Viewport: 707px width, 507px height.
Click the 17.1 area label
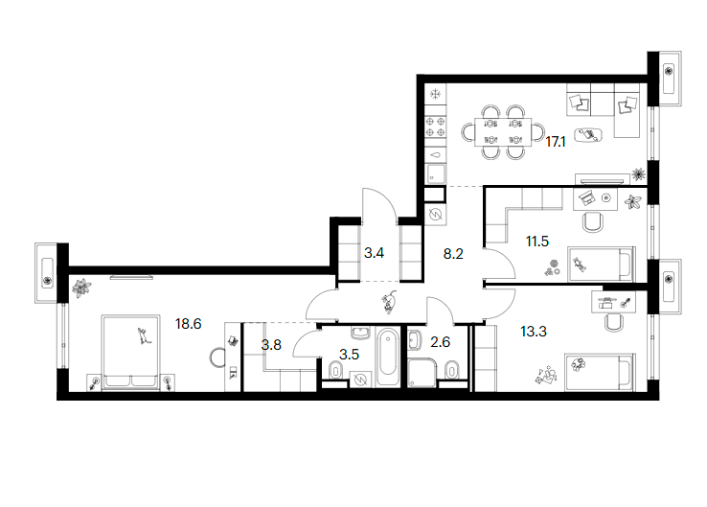coord(555,142)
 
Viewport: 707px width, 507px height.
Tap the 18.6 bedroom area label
coord(188,323)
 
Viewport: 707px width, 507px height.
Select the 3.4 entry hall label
coord(374,253)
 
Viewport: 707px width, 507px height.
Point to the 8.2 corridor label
coord(453,254)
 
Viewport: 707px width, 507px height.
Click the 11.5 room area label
coord(537,242)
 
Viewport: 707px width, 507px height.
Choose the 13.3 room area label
coord(534,332)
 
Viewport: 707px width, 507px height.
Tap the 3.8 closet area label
coord(271,345)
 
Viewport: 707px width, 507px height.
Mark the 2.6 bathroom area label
coord(440,342)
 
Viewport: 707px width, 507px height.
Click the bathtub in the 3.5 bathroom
coord(387,357)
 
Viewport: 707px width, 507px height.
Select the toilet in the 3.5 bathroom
coord(335,371)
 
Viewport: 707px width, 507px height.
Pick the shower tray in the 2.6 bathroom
coord(422,373)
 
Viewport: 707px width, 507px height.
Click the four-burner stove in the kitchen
coord(436,127)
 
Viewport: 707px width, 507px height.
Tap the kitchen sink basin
coord(436,173)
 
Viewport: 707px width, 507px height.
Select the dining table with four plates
coord(503,131)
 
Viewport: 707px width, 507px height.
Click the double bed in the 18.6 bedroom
coord(131,353)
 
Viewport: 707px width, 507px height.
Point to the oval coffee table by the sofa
coord(588,134)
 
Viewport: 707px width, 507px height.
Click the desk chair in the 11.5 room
coord(592,222)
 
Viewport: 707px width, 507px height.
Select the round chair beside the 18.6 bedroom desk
coord(217,357)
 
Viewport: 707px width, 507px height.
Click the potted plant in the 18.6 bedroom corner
coord(81,288)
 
